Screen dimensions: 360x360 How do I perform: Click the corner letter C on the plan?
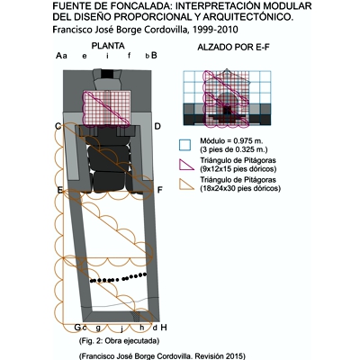coord(58,126)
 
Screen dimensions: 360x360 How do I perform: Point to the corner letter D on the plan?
coord(157,126)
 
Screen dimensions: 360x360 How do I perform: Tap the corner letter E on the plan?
coord(59,190)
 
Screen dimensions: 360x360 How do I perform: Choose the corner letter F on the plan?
coord(159,190)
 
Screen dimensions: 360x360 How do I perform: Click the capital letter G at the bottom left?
coord(77,327)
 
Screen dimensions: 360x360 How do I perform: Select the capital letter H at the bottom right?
coord(165,327)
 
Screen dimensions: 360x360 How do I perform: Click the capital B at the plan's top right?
coord(155,55)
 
